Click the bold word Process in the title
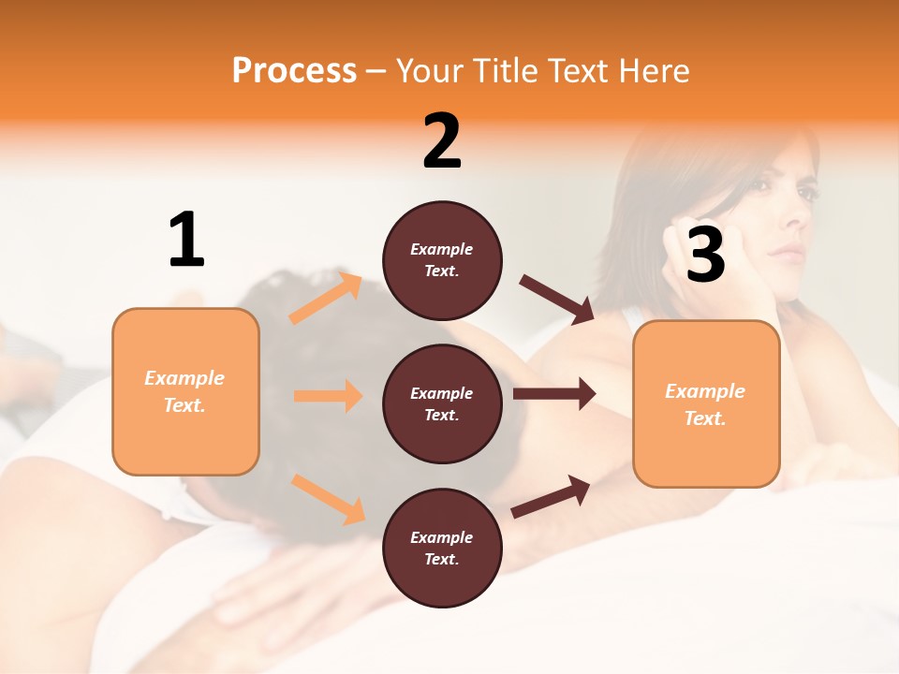pyautogui.click(x=294, y=70)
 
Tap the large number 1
pyautogui.click(x=186, y=240)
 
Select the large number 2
pyautogui.click(x=442, y=140)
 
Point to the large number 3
pyautogui.click(x=705, y=255)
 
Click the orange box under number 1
pyautogui.click(x=185, y=391)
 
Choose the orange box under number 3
pyautogui.click(x=706, y=403)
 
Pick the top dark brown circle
pyautogui.click(x=442, y=260)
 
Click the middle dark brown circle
pyautogui.click(x=442, y=403)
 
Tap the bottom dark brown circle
pyautogui.click(x=442, y=548)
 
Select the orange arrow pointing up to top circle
pyautogui.click(x=326, y=299)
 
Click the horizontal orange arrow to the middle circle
pyautogui.click(x=328, y=396)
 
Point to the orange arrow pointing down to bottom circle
pyautogui.click(x=328, y=498)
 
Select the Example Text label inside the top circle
pyautogui.click(x=442, y=260)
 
